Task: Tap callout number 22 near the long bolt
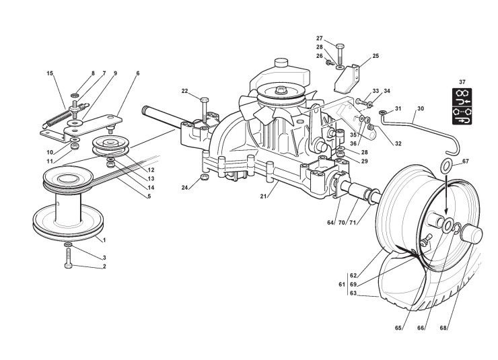[184, 91]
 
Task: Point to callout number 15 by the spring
[50, 72]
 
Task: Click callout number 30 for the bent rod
[421, 108]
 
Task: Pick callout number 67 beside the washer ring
[466, 161]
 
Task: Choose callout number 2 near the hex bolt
[104, 267]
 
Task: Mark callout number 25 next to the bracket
[376, 56]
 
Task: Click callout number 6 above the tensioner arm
[137, 72]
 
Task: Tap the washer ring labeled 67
[447, 166]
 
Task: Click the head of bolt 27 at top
[340, 46]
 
